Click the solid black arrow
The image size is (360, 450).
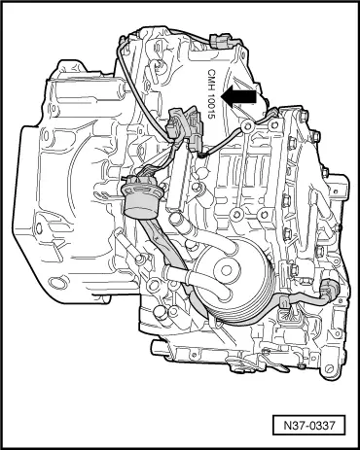tap(238, 97)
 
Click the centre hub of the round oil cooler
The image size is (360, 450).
tap(226, 270)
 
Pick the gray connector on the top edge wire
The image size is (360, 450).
tap(222, 42)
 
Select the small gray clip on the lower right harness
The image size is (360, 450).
tap(284, 303)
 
